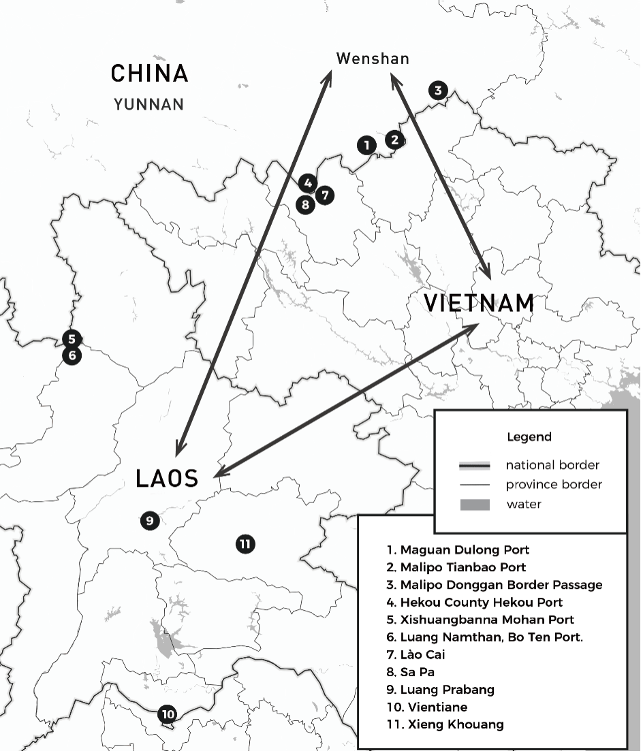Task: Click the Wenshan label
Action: (373, 59)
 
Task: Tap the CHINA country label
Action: (149, 74)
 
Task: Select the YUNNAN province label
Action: (149, 105)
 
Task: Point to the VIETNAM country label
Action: (479, 303)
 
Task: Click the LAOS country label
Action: (167, 478)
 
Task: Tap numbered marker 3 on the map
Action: (438, 90)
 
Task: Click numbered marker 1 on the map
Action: (366, 144)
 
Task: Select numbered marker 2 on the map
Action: (394, 140)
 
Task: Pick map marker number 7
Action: (325, 195)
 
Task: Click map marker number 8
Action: (305, 204)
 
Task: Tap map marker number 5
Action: (72, 338)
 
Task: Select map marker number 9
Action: (150, 521)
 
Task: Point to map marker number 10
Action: (167, 714)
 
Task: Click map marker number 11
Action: (245, 543)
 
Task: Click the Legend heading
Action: (529, 437)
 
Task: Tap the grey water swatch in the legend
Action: (475, 504)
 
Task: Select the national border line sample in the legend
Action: (475, 466)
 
